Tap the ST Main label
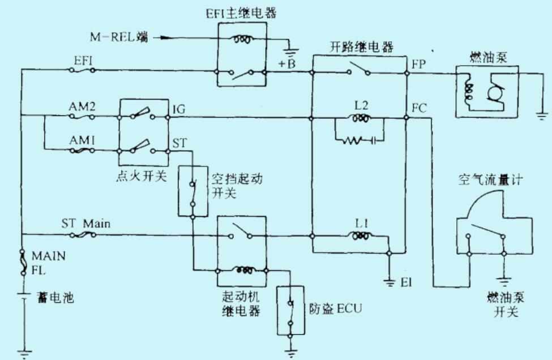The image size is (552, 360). point(85,224)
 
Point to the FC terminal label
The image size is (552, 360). point(419,107)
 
